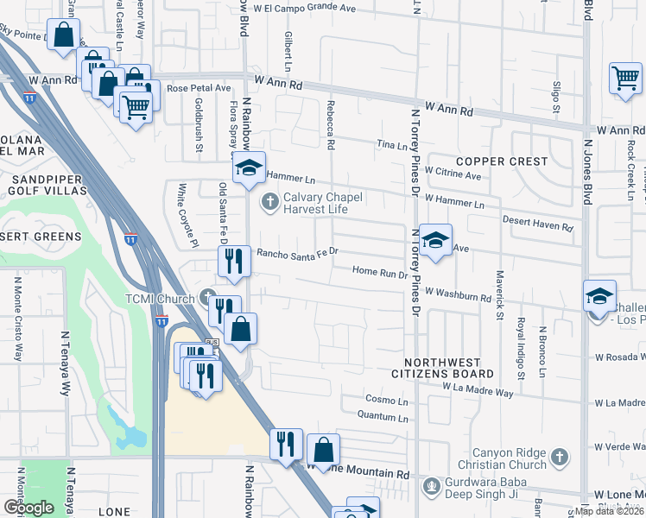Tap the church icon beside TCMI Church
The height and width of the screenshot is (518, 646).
pos(206,297)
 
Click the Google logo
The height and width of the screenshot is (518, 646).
pos(28,507)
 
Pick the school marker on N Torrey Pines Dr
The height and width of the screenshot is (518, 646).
pos(436,241)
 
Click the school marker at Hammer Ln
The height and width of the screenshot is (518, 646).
pos(250,169)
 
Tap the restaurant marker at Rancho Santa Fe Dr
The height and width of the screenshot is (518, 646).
pos(233,260)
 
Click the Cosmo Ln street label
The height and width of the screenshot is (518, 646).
pos(386,401)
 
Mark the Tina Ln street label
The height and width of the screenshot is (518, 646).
pos(390,146)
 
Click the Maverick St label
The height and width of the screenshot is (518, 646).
pos(498,295)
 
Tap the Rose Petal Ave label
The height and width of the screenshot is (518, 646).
pos(199,88)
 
